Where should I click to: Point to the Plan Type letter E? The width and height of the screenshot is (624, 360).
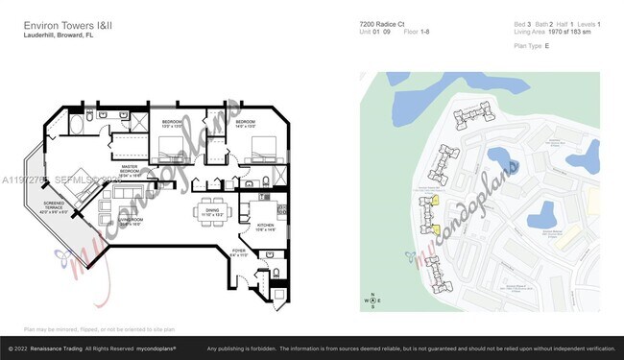(x=546, y=44)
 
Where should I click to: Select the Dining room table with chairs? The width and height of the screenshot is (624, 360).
(x=213, y=211)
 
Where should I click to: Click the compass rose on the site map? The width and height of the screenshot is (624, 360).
(x=372, y=300)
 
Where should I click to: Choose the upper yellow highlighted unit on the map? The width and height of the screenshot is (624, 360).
(x=434, y=200)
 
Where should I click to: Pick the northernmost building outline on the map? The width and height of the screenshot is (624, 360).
(x=469, y=118)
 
